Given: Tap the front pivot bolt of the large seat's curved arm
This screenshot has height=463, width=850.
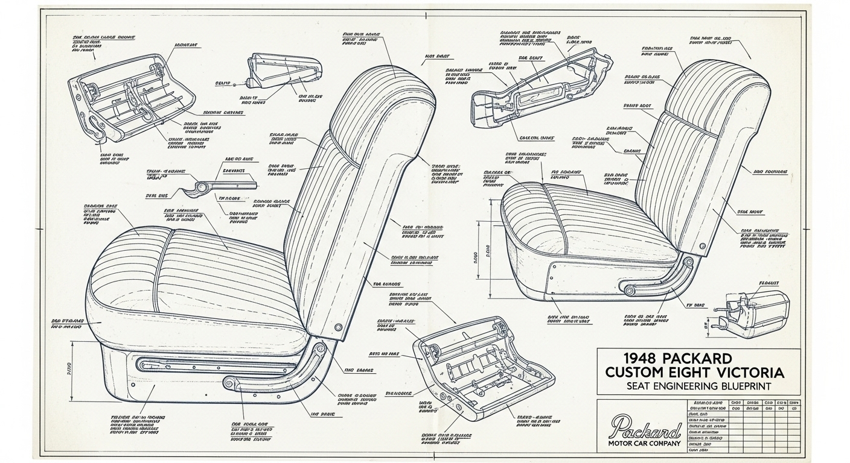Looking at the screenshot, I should [229, 382].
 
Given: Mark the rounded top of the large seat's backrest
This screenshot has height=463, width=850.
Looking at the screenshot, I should [386, 90].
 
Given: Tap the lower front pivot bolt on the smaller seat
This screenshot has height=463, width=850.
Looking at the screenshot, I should [630, 291].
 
